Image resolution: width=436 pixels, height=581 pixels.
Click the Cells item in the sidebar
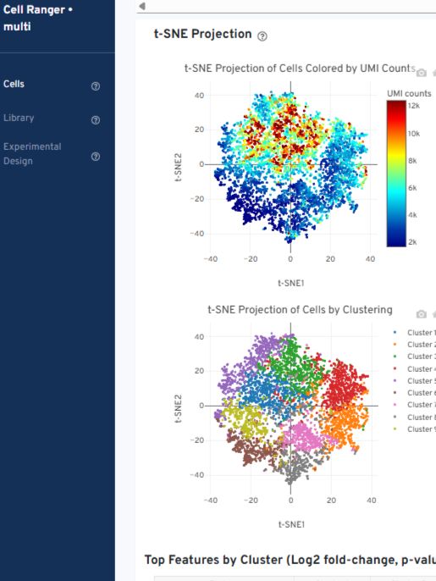click(x=14, y=85)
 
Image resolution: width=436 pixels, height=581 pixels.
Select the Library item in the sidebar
click(x=19, y=118)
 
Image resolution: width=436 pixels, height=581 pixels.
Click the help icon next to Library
click(x=96, y=119)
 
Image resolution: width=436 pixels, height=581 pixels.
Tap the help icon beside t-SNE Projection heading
click(x=262, y=36)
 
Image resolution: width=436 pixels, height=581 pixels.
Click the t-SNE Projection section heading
click(x=202, y=34)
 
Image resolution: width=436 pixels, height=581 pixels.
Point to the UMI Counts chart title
click(x=299, y=68)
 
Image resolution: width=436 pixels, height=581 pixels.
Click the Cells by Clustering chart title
click(x=300, y=310)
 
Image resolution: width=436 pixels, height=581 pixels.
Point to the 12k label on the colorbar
click(x=414, y=105)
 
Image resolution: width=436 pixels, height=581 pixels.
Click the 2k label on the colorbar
click(x=413, y=241)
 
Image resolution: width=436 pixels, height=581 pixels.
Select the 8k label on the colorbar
click(x=413, y=160)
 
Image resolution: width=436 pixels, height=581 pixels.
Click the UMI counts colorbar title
click(x=409, y=92)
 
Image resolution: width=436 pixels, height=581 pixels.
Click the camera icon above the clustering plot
click(x=422, y=314)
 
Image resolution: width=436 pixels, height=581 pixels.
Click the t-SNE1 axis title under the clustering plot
click(x=290, y=524)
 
